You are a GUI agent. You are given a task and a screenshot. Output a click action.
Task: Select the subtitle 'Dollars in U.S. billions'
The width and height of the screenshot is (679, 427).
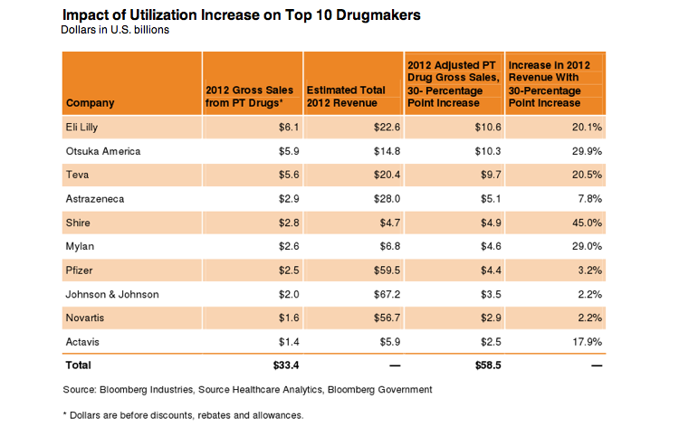115,30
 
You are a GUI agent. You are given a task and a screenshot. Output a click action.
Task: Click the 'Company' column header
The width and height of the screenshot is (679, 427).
91,102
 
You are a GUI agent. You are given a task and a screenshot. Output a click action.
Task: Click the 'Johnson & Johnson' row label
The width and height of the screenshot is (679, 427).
111,294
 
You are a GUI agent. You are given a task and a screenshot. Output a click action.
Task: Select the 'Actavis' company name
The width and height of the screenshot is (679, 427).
83,341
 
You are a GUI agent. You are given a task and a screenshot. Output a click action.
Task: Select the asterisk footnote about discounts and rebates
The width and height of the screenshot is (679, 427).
182,415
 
